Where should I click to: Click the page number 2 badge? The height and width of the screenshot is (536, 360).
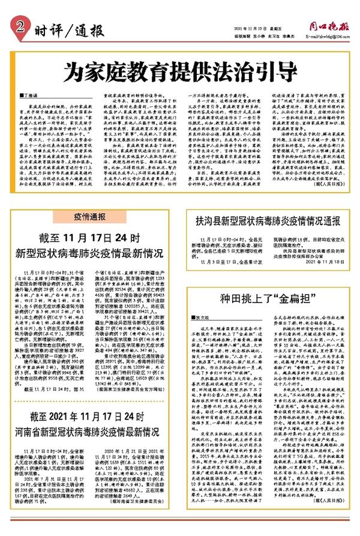(22, 26)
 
